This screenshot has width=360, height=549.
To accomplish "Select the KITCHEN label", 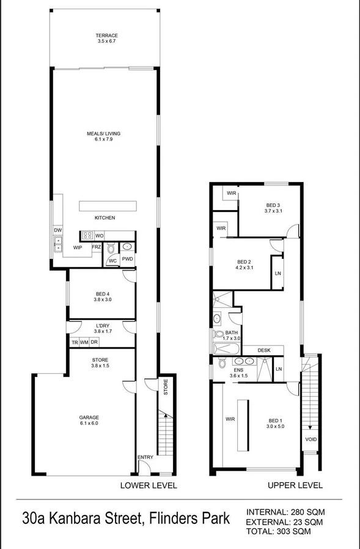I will click(105, 217).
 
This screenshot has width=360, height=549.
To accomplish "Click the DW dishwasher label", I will click(58, 230).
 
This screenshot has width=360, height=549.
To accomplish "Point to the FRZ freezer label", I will click(96, 247).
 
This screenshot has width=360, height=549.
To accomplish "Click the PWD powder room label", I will click(127, 260).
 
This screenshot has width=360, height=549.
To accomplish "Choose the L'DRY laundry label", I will click(103, 325).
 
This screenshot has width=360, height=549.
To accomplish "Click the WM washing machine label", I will click(84, 342).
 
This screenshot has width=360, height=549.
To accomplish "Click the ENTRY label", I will click(145, 457).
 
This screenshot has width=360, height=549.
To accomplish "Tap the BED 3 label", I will click(273, 205).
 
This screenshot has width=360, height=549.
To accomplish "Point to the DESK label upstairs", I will click(264, 350).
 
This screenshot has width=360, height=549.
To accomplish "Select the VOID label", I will click(310, 439).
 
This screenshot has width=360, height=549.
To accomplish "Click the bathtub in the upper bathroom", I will click(226, 349).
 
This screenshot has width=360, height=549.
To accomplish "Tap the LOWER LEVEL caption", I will click(149, 485).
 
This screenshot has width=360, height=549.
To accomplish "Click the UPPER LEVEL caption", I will click(295, 485).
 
